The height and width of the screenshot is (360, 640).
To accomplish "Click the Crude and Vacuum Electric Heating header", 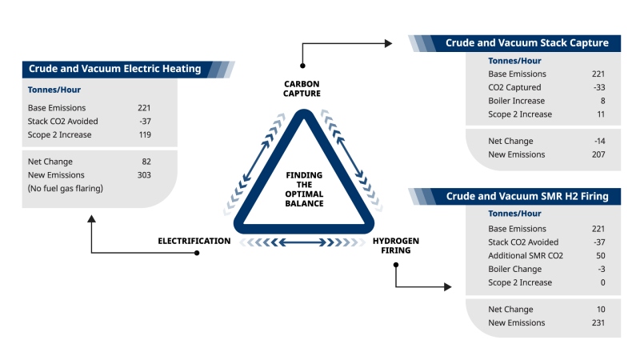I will coord(114,69).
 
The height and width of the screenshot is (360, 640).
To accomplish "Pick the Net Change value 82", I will coord(145,161).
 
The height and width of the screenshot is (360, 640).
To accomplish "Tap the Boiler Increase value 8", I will coord(602,101).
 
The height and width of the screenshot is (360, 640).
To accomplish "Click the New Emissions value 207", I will coord(597,154).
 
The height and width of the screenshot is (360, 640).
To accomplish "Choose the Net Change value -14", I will coord(598,141).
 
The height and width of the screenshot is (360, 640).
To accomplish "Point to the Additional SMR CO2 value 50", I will coord(599,255).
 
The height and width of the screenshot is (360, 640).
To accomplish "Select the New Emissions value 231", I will coord(597,322).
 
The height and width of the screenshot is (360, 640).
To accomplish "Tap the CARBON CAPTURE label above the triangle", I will coord(303,89).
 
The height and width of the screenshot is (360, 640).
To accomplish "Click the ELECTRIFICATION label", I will coord(194,241).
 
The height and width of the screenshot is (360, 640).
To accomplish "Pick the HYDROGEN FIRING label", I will coord(395,246).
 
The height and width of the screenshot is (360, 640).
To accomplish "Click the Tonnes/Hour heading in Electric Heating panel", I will coord(54,90).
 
